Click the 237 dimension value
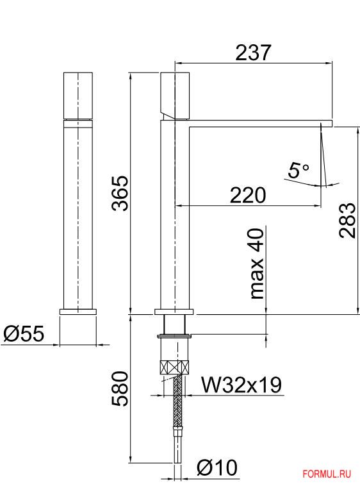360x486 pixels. click(253, 53)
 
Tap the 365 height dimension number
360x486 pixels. click(120, 194)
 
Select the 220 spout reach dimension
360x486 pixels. click(248, 195)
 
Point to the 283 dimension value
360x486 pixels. click(347, 221)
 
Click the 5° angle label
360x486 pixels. click(299, 170)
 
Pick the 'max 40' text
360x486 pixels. click(257, 264)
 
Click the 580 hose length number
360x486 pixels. click(120, 389)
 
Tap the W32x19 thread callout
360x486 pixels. click(241, 385)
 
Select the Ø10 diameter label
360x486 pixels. click(217, 467)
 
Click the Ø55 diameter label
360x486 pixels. click(24, 334)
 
